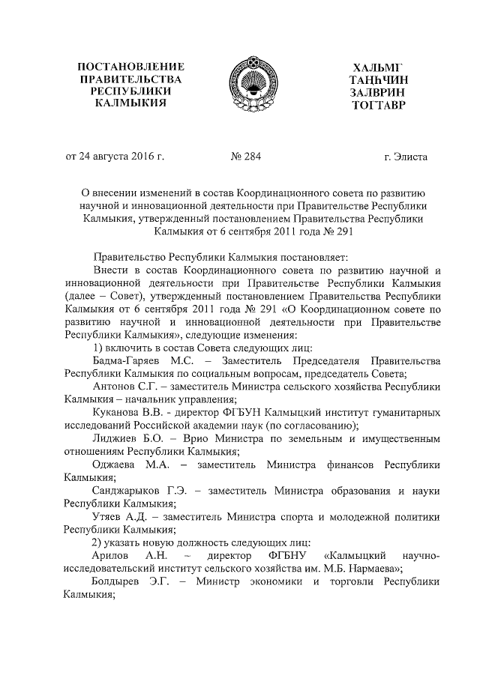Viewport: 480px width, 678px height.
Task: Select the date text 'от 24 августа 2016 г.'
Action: (115, 157)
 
